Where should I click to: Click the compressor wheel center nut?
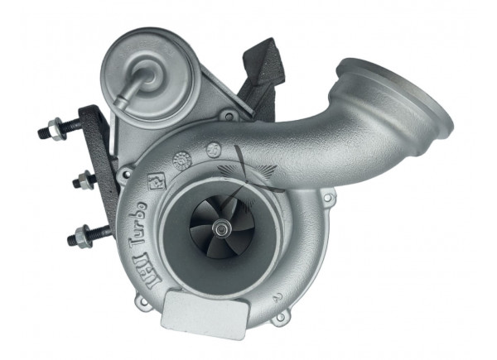point(220,228)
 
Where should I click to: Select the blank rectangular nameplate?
point(205,310)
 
